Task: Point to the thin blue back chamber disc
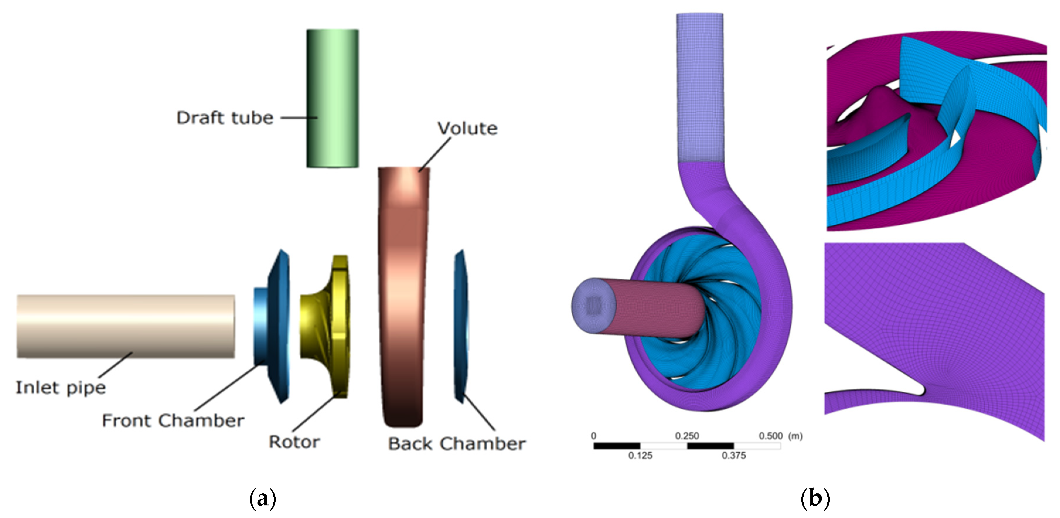pyautogui.click(x=461, y=325)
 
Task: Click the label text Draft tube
pyautogui.click(x=225, y=118)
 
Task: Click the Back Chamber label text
pyautogui.click(x=457, y=444)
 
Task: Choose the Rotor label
pyautogui.click(x=294, y=442)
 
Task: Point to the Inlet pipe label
pyautogui.click(x=60, y=388)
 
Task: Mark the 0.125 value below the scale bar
pyautogui.click(x=640, y=456)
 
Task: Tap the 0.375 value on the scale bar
pyautogui.click(x=734, y=456)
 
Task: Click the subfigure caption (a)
pyautogui.click(x=263, y=498)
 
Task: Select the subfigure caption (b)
pyautogui.click(x=815, y=498)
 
